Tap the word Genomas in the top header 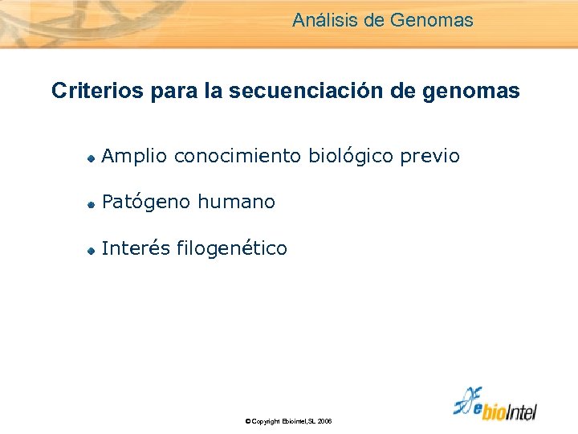[x=432, y=20]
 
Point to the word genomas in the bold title [x=479, y=91]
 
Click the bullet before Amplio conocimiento [x=92, y=158]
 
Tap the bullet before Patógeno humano [x=92, y=204]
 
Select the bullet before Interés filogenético [x=92, y=251]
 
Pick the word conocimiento [x=238, y=157]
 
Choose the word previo [x=432, y=157]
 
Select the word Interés [x=136, y=249]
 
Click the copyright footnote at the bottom [x=288, y=421]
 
